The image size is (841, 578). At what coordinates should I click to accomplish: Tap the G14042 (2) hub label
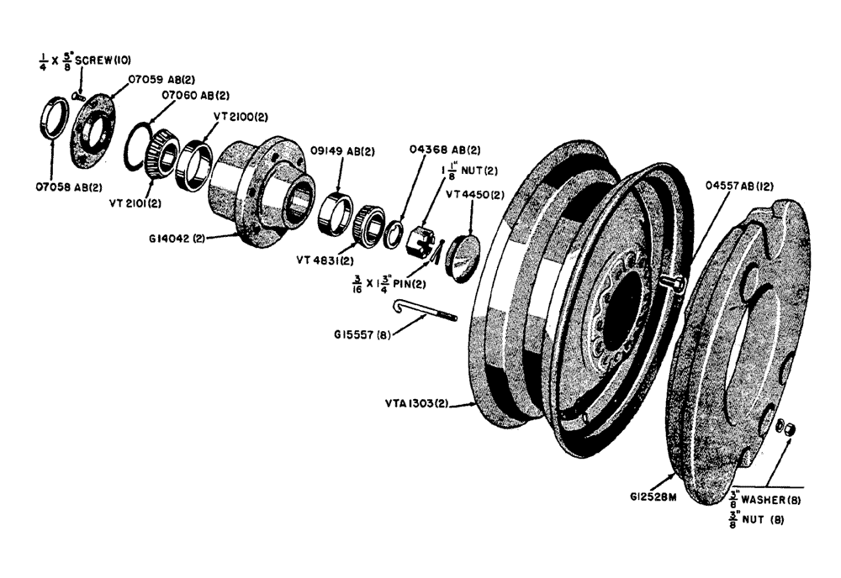pos(177,238)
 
